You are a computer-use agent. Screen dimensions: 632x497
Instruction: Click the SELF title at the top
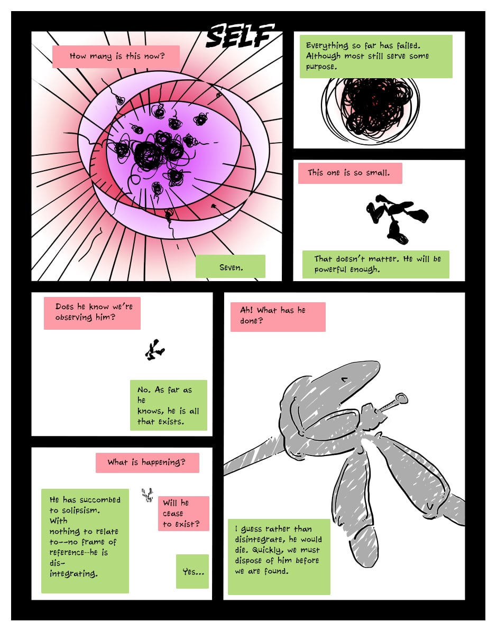[240, 35]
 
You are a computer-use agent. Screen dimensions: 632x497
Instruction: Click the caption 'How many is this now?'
[116, 57]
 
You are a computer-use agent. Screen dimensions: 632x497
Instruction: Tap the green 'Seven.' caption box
[231, 267]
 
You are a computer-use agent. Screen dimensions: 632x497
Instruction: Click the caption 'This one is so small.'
[349, 173]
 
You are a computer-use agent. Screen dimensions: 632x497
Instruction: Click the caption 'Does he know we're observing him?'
[92, 312]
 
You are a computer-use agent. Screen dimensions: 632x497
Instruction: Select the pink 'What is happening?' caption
[147, 462]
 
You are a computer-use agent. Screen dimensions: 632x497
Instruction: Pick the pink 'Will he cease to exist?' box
[183, 513]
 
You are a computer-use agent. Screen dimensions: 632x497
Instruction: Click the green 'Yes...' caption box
[192, 571]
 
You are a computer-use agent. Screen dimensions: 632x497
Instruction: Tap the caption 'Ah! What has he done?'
[277, 316]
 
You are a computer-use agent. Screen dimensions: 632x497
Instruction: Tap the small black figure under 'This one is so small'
[396, 217]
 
